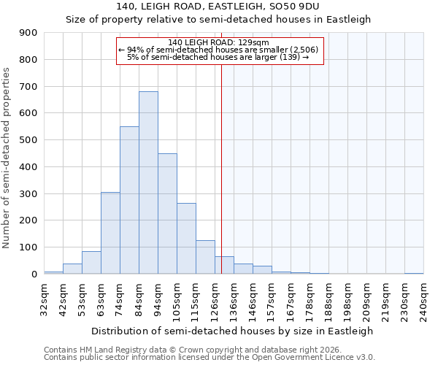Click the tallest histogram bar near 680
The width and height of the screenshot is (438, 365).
(x=148, y=182)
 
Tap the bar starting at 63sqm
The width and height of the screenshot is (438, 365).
(x=110, y=233)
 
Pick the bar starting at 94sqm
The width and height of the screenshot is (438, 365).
(x=167, y=213)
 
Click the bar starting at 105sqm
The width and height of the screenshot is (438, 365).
(x=186, y=238)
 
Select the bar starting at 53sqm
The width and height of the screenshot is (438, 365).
(x=91, y=262)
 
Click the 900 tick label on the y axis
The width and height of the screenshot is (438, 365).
(x=28, y=33)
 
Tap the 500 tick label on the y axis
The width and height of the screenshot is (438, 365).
(x=28, y=140)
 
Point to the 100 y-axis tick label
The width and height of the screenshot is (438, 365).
(x=28, y=247)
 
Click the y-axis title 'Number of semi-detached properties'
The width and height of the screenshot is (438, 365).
(x=7, y=157)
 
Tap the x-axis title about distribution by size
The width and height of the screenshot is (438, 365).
(x=234, y=331)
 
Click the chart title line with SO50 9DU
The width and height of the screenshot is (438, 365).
(x=219, y=7)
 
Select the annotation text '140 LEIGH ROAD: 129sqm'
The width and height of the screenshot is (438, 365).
(x=218, y=42)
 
